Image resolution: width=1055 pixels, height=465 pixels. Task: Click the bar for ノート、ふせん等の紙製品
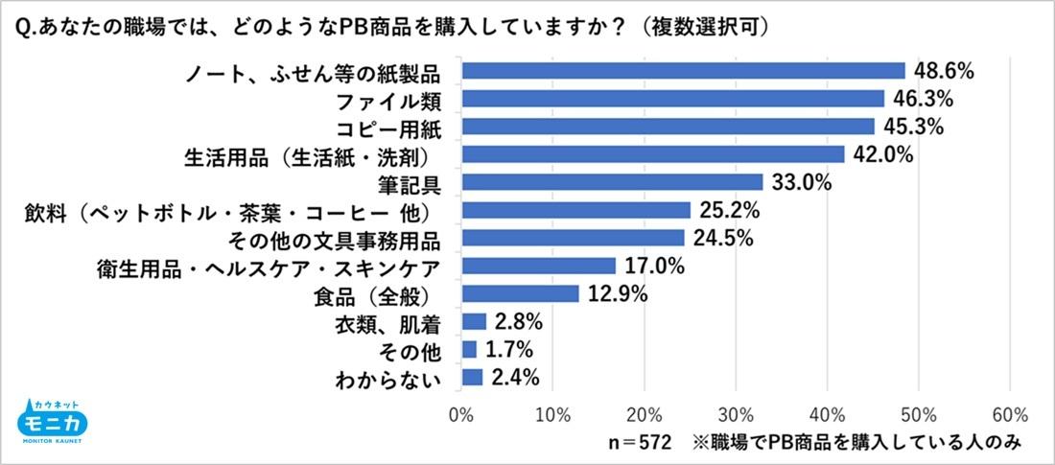click(683, 71)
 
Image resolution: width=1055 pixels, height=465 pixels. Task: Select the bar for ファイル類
click(672, 99)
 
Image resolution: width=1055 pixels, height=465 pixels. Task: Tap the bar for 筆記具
click(612, 182)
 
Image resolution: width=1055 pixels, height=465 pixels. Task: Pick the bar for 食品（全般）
click(520, 293)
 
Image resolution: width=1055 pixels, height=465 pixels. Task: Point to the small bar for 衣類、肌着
click(474, 321)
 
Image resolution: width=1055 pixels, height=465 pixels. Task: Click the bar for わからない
click(472, 377)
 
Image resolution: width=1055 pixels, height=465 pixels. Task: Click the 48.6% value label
click(943, 71)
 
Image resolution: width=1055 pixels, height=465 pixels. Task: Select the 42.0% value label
click(882, 154)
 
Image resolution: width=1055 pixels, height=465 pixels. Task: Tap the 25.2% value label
click(729, 210)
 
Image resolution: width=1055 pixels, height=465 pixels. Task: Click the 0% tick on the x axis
click(461, 414)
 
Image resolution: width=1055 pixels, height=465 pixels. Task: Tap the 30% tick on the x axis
click(736, 414)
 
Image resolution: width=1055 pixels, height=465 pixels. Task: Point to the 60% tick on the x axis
click(1010, 414)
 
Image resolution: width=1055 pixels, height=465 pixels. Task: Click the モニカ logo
click(54, 422)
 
